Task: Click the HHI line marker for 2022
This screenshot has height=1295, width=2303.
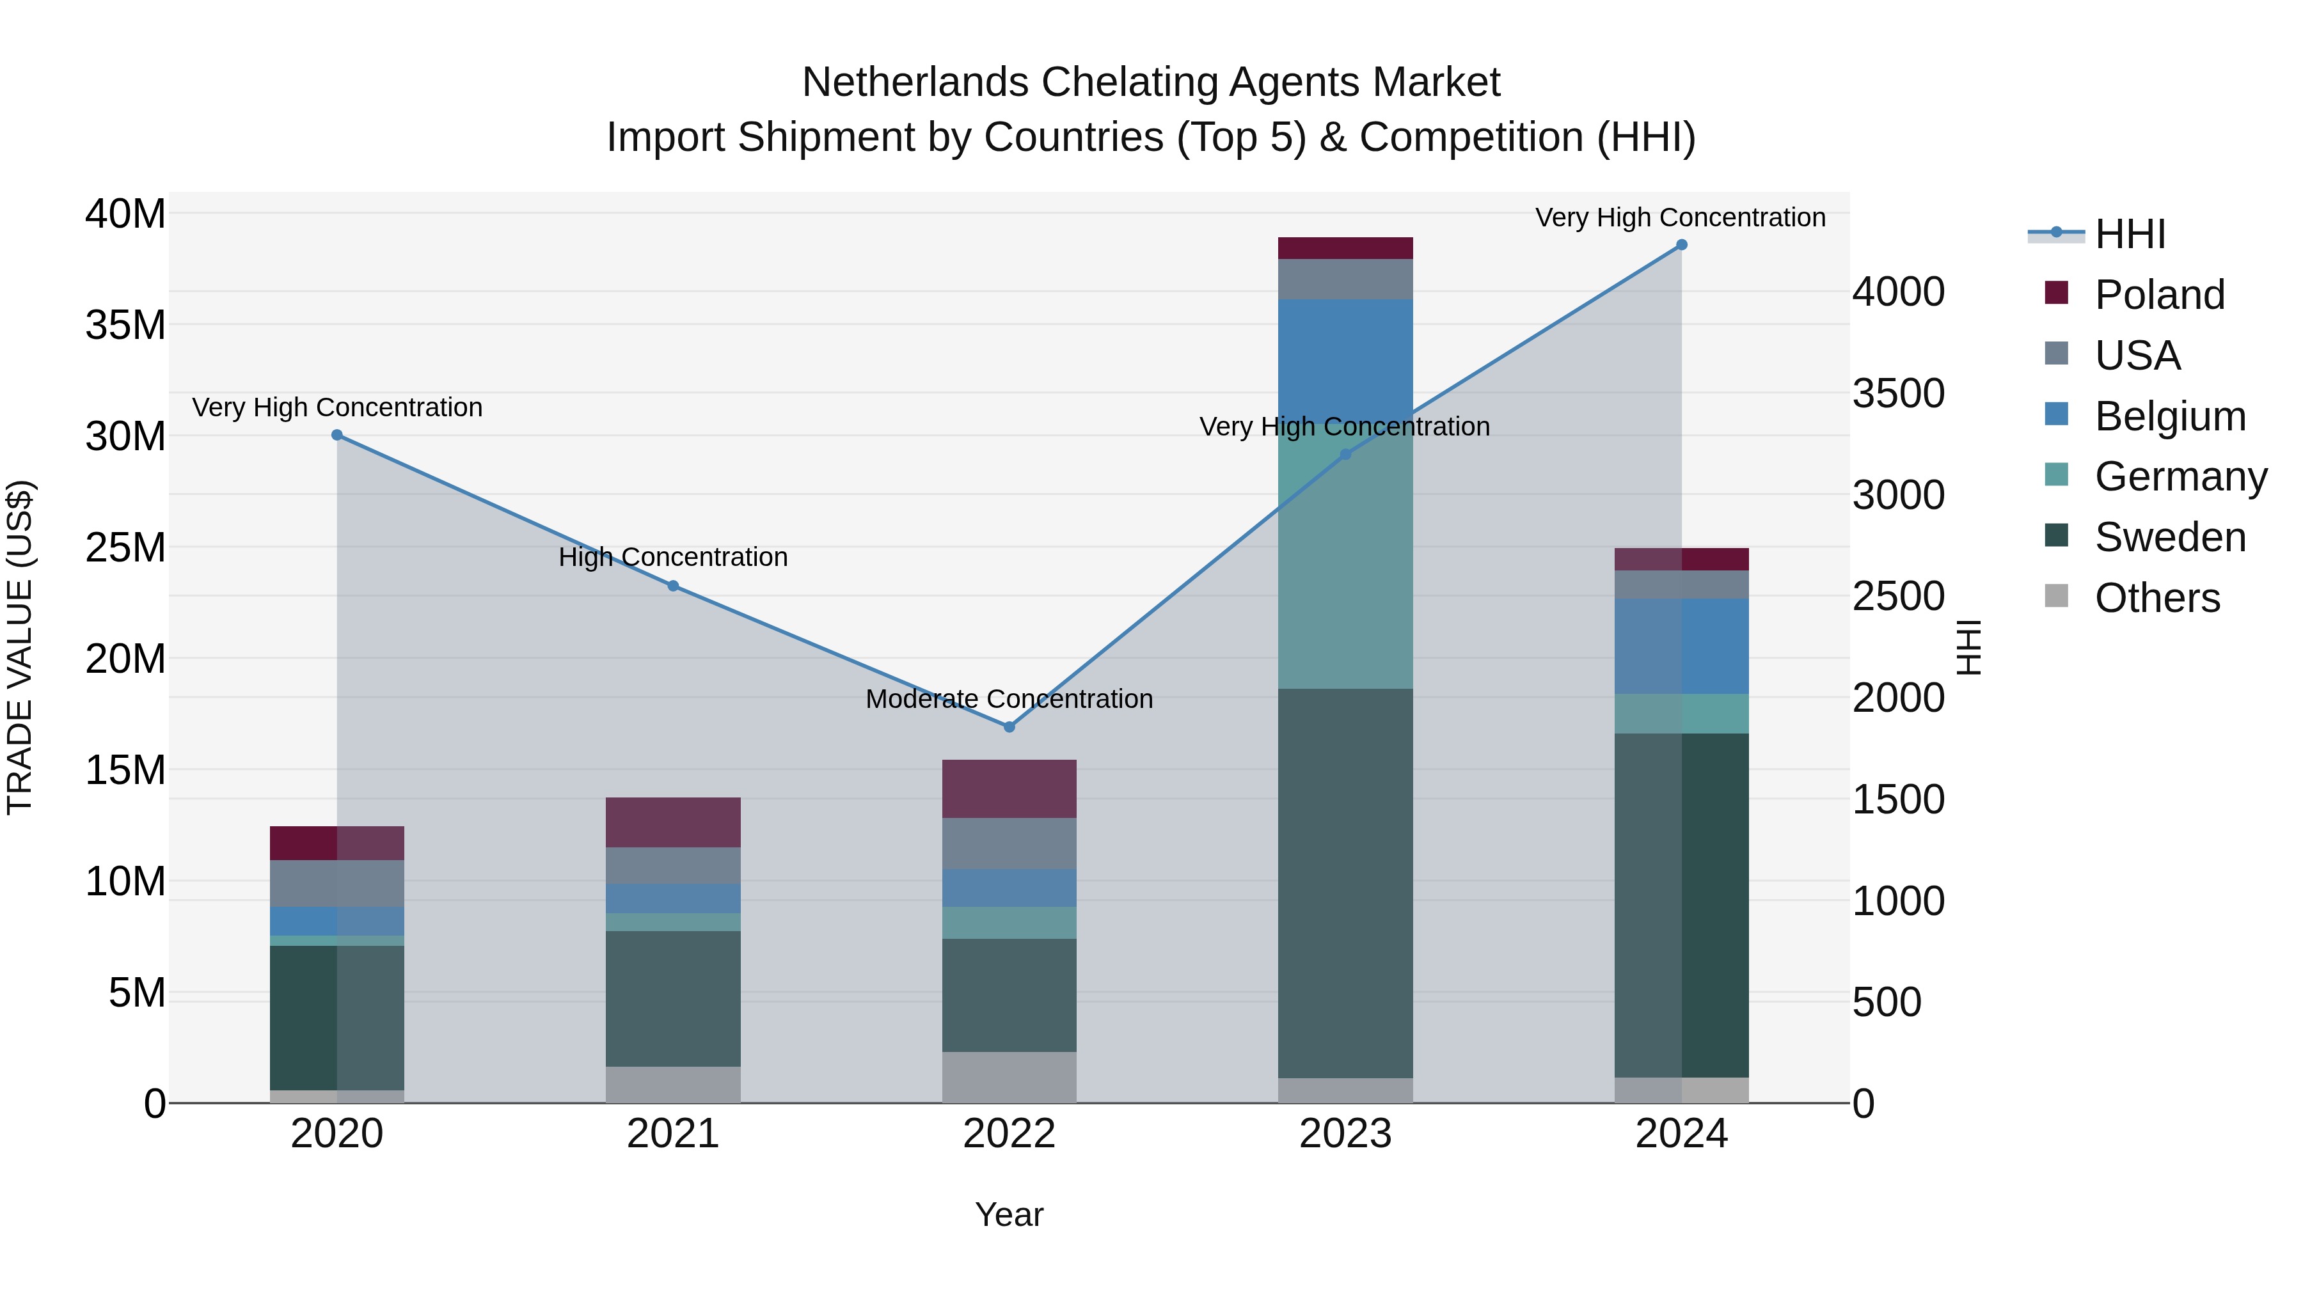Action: point(1009,726)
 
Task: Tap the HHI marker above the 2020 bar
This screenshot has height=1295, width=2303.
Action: point(337,436)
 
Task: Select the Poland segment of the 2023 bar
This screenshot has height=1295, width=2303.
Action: point(1345,249)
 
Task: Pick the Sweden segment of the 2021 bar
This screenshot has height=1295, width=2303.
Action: point(673,998)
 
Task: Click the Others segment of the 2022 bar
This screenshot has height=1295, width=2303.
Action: point(1009,1077)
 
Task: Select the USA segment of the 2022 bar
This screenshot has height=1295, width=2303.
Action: point(1009,844)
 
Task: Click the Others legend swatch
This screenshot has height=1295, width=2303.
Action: point(2056,596)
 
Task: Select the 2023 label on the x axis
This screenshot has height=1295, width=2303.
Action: point(1345,1134)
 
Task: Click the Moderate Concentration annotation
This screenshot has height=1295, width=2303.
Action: point(1009,699)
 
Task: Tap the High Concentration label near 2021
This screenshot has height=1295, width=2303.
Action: point(673,558)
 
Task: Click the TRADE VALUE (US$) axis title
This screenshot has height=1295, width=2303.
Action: point(20,647)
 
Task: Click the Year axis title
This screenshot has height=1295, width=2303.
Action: point(1009,1214)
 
